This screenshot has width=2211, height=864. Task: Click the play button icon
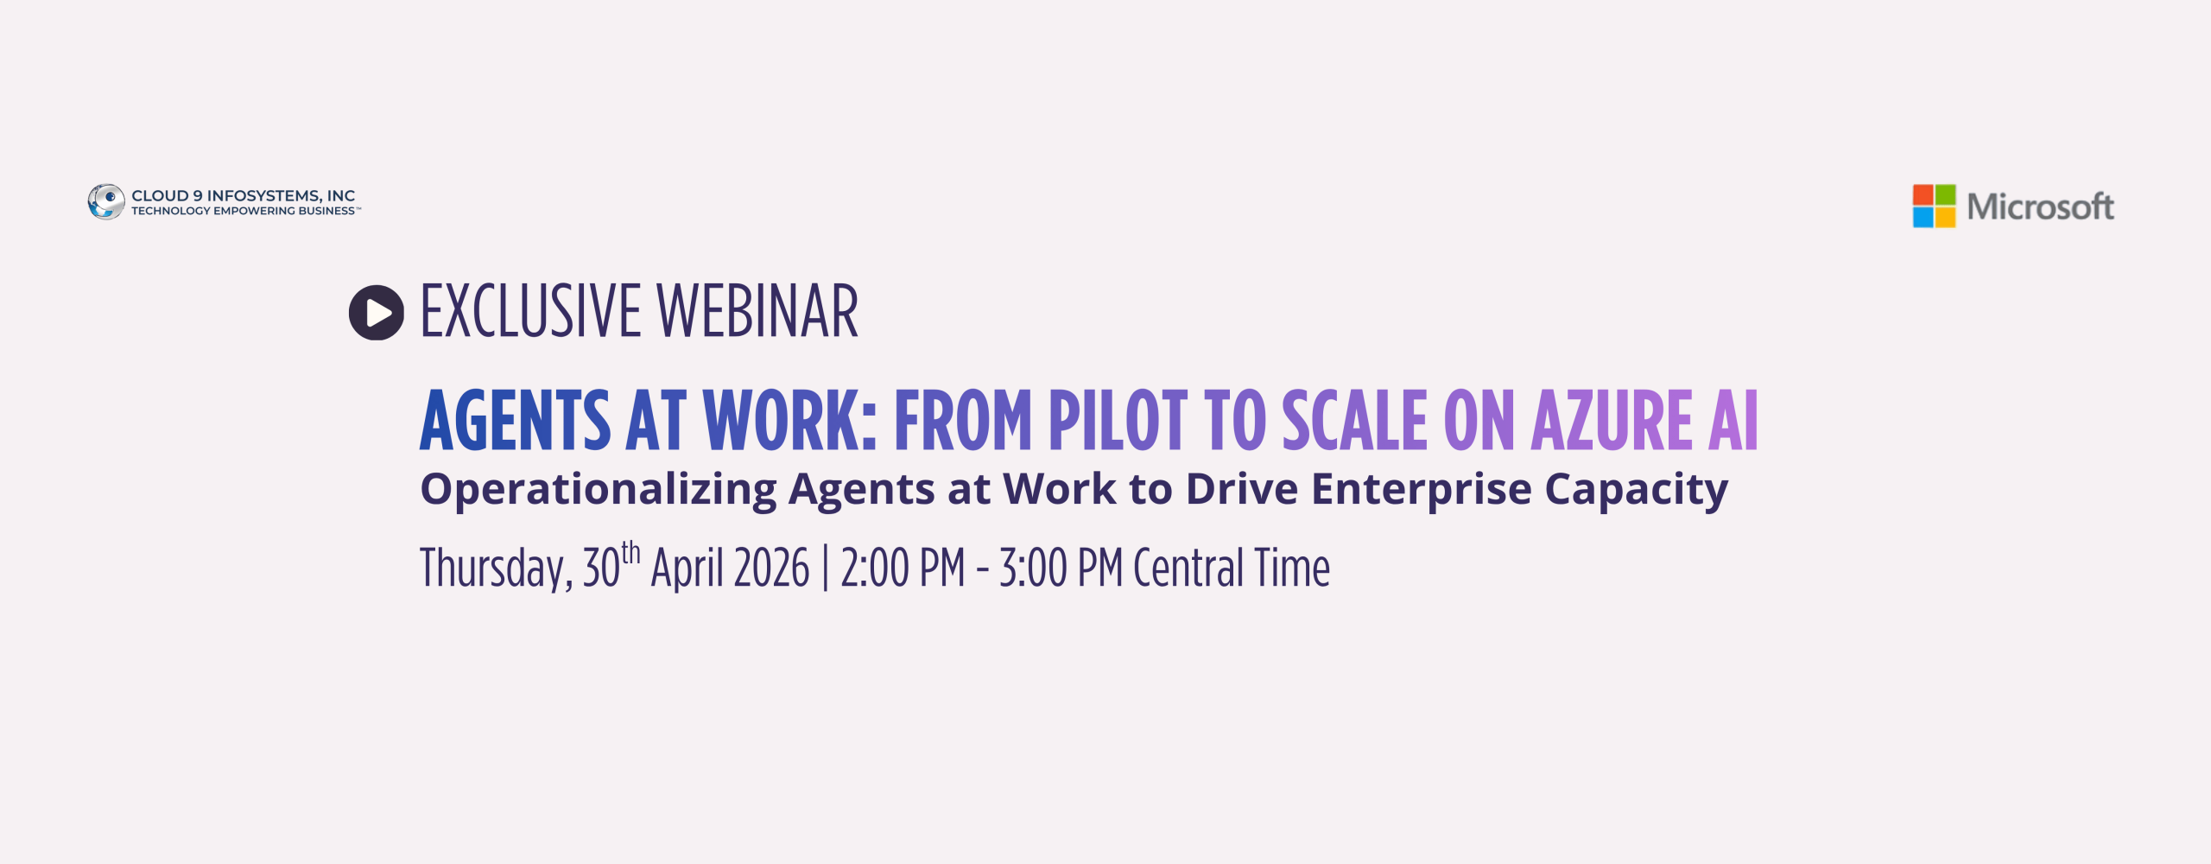[x=377, y=313]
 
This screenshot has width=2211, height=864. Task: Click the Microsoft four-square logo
[x=1934, y=206]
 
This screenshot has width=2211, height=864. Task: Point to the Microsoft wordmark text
[x=2040, y=207]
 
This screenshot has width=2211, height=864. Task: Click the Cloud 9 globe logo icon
[x=106, y=201]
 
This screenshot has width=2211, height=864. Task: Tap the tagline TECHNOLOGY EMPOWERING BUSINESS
[x=244, y=212]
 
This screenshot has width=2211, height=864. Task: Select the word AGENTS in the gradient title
[x=515, y=421]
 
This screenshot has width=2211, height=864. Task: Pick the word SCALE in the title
[x=1354, y=421]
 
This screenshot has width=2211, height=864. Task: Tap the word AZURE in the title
[x=1611, y=421]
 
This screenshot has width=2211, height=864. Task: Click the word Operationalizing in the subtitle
[x=598, y=489]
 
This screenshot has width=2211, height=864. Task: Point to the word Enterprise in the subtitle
[x=1422, y=489]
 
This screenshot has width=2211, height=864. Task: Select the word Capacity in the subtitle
[x=1636, y=489]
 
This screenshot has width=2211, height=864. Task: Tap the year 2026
[x=771, y=569]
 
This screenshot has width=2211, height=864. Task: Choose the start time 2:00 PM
[x=903, y=569]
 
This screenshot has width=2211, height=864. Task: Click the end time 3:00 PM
[x=1061, y=569]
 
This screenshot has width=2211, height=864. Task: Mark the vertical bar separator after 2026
[x=826, y=569]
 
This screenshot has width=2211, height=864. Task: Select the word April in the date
[x=687, y=569]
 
